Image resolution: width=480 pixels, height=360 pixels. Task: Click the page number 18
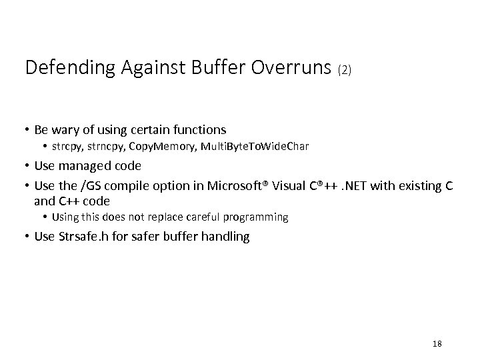point(437,343)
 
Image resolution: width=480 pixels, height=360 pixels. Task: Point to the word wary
point(67,129)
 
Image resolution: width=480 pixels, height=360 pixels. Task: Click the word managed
point(85,167)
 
